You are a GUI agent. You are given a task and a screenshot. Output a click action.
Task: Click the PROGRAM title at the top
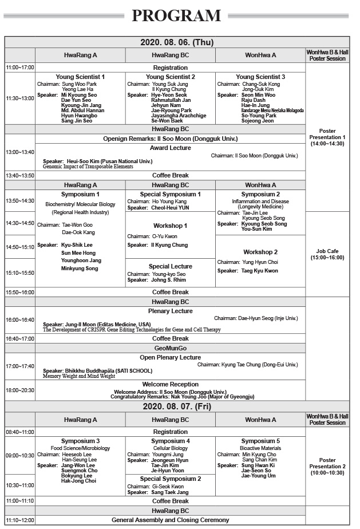tap(176, 16)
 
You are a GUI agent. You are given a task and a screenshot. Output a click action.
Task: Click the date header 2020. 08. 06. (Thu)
tap(170, 42)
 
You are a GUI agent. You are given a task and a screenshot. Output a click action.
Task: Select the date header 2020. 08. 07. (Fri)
tap(170, 406)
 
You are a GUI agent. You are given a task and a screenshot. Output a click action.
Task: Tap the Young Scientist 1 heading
tap(80, 77)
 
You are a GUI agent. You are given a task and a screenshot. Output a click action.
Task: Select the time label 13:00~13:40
tap(20, 152)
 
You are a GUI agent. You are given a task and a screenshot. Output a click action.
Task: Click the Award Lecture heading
tap(170, 148)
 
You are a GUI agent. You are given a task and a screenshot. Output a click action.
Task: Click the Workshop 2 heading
tap(260, 252)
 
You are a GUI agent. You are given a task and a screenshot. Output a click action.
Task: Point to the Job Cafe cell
tap(327, 254)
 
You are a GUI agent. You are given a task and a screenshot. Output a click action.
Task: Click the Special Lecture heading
tap(170, 266)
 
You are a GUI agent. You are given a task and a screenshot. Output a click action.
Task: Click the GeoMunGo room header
tap(170, 348)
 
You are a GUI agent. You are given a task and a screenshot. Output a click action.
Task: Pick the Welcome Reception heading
tap(170, 384)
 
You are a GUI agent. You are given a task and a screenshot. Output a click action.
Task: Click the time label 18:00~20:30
tap(20, 390)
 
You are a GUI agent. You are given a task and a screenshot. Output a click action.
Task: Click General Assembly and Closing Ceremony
tap(170, 520)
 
